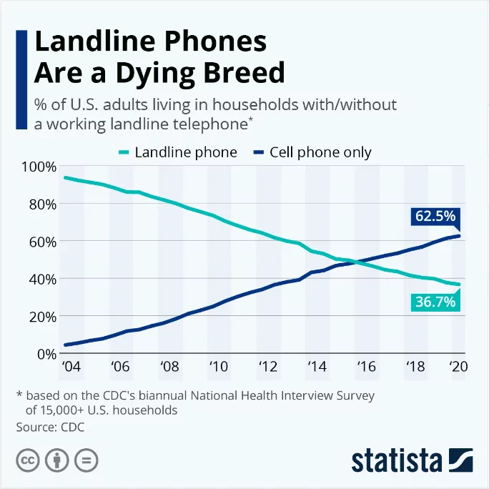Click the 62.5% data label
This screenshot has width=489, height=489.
click(x=435, y=217)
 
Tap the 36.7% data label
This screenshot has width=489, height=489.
click(x=435, y=302)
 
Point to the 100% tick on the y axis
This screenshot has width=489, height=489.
click(x=39, y=167)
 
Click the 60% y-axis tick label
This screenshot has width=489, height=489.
click(x=41, y=241)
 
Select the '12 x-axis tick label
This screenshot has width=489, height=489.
click(x=267, y=368)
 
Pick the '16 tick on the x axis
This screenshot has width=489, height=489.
click(x=365, y=368)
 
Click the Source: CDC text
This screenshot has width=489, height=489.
click(x=50, y=427)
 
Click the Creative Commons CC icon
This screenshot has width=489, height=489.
click(x=27, y=460)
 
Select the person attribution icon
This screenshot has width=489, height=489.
click(x=56, y=460)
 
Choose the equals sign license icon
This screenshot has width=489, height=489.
click(x=86, y=460)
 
